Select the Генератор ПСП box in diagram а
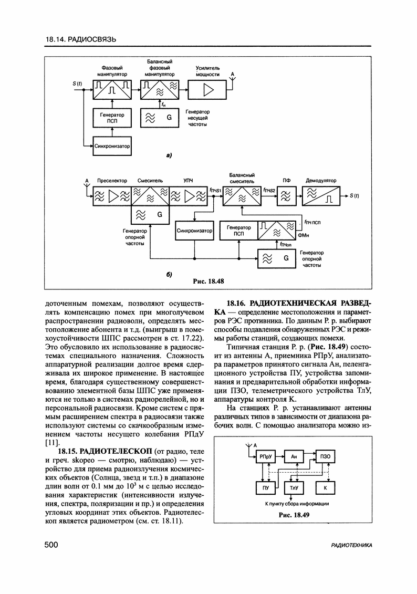(x=112, y=118)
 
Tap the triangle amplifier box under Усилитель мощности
(x=210, y=90)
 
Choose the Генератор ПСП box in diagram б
(x=239, y=230)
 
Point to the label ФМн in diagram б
(x=304, y=235)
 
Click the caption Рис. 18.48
(x=208, y=282)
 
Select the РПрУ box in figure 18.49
(x=264, y=457)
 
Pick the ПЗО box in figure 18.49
(x=325, y=457)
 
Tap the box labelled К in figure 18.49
(x=325, y=488)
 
